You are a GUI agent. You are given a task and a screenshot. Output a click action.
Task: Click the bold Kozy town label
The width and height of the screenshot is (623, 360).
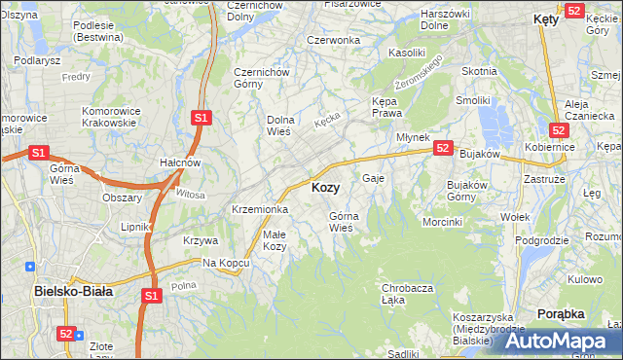pyautogui.click(x=325, y=187)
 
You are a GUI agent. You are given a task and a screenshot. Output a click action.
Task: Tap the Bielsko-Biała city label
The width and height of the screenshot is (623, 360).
pyautogui.click(x=73, y=290)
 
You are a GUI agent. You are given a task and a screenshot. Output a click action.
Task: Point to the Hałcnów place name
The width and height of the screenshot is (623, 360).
pyautogui.click(x=180, y=162)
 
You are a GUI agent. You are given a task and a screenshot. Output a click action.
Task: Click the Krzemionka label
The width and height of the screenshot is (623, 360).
pyautogui.click(x=259, y=209)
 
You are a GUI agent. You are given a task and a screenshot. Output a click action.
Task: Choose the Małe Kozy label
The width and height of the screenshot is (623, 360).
pyautogui.click(x=275, y=240)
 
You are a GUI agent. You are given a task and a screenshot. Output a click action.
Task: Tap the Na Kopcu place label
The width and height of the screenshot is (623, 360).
pyautogui.click(x=222, y=264)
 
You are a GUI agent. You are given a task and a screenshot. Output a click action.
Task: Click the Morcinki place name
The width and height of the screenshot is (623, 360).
pyautogui.click(x=442, y=222)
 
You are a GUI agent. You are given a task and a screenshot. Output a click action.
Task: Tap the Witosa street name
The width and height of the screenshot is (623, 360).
pyautogui.click(x=191, y=194)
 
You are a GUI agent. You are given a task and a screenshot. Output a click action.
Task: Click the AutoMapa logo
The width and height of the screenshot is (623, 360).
pyautogui.click(x=555, y=341)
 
